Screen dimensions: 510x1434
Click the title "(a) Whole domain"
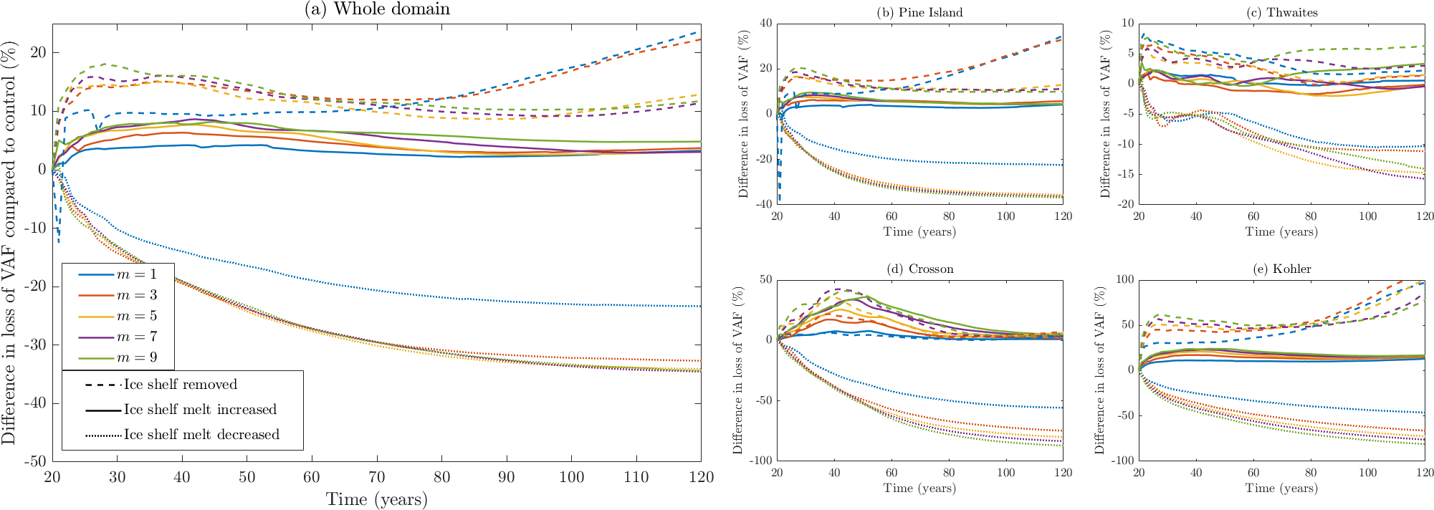click(377, 9)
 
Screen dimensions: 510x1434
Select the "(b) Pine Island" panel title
click(919, 12)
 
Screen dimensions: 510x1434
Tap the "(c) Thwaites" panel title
click(1281, 12)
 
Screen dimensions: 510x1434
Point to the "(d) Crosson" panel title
click(919, 269)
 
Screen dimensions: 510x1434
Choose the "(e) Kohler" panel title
click(1281, 269)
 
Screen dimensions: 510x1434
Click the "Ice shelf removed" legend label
click(180, 385)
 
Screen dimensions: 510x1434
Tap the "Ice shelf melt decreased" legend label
click(201, 435)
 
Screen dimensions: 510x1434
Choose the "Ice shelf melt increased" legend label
click(200, 410)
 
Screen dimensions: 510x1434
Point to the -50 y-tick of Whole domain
click(35, 461)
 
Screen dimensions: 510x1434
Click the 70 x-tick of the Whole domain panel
click(377, 477)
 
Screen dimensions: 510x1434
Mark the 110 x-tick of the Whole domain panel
click(636, 477)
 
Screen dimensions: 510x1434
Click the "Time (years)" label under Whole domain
click(377, 499)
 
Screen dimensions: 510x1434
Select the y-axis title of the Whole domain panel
click(9, 242)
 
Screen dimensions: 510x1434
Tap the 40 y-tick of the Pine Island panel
click(765, 24)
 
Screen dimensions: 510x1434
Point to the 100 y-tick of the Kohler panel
click(1126, 280)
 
